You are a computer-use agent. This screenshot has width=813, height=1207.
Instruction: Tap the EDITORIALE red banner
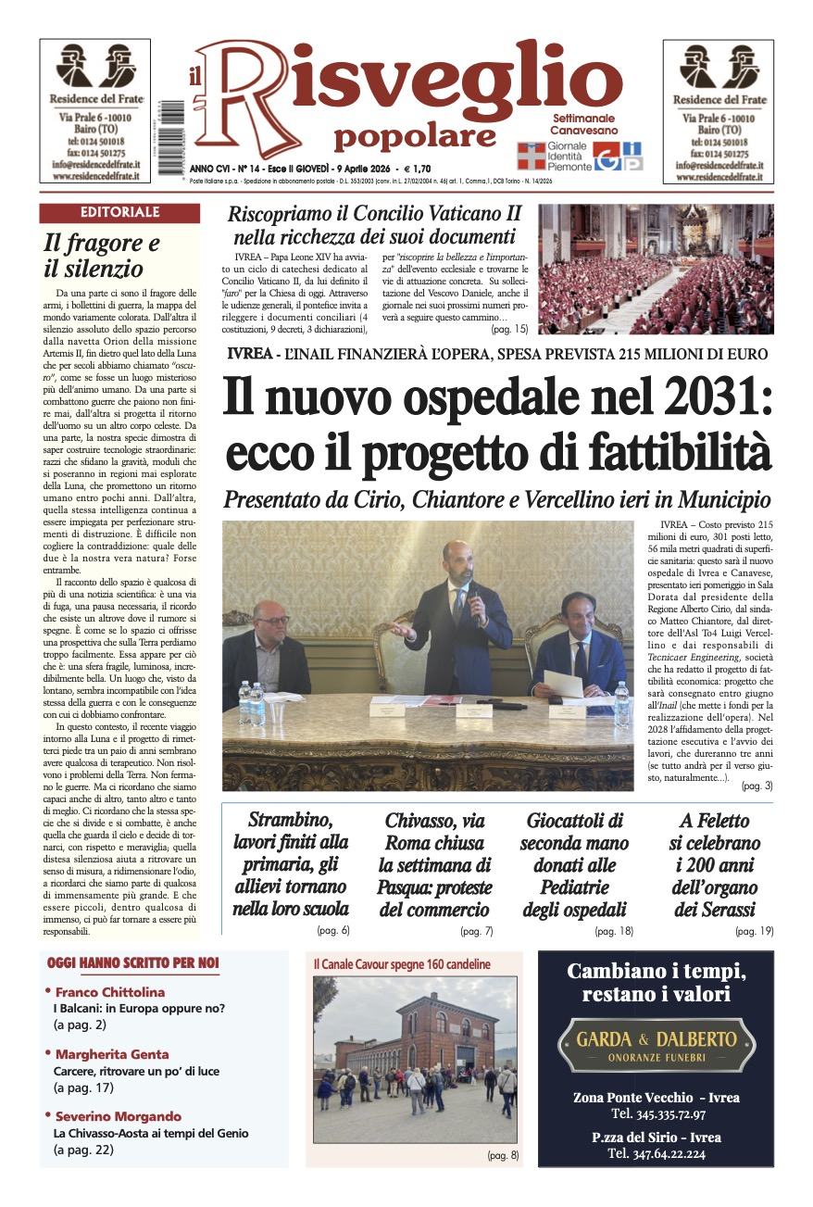tap(119, 213)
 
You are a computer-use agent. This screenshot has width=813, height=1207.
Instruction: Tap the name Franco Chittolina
tap(109, 992)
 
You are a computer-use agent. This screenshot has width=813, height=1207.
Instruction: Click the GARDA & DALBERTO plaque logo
tap(657, 1044)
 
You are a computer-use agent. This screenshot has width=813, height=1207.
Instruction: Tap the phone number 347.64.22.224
tap(657, 1153)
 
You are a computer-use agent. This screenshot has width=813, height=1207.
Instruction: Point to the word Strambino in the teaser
tap(288, 820)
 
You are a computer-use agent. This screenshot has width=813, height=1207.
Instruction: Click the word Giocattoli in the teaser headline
tap(574, 820)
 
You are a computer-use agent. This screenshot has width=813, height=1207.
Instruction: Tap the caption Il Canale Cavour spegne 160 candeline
tap(402, 964)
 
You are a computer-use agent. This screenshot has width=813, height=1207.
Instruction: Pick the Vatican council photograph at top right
tap(656, 269)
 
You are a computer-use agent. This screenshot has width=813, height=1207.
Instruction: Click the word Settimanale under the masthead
tap(583, 119)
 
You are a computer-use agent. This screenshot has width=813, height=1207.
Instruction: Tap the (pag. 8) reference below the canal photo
tap(503, 1155)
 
